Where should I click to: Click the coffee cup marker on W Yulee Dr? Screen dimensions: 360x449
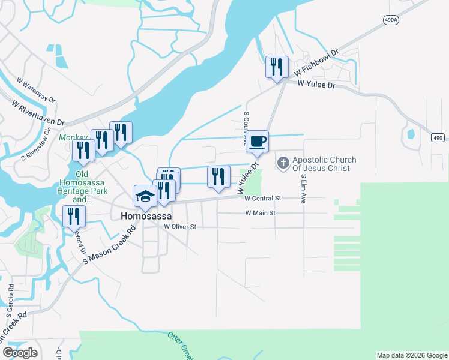point(257,142)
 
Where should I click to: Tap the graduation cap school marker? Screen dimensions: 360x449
point(145,196)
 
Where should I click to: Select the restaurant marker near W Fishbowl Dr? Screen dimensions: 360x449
point(277,67)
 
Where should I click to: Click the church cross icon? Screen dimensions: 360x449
point(283,162)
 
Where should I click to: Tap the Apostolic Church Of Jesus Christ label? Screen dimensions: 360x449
point(324,164)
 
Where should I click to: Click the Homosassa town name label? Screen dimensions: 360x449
point(146,216)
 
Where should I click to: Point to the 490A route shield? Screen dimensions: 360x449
point(391,20)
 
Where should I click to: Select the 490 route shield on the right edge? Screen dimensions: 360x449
point(438,139)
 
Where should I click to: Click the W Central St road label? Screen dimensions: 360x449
point(264,198)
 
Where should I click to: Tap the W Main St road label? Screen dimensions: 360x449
point(260,213)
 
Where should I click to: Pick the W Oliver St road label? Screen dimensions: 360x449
point(181,227)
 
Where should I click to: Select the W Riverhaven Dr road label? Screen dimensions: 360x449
point(38,112)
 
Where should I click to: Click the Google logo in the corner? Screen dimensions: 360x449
point(20,352)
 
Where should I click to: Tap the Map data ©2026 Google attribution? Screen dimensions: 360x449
point(412,355)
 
